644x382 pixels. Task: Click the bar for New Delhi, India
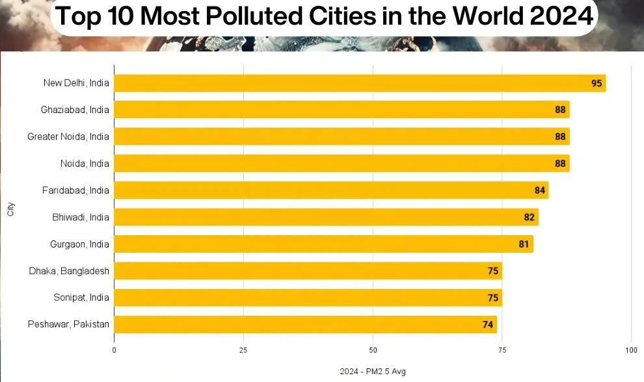(x=360, y=83)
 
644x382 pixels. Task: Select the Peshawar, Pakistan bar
(x=306, y=325)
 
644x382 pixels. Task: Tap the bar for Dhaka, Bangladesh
(x=308, y=271)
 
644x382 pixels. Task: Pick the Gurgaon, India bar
(x=324, y=244)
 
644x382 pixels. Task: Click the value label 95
(x=597, y=83)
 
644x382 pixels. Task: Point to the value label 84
(x=540, y=190)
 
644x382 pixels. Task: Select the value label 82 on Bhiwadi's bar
(x=529, y=217)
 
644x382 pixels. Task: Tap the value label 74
(x=487, y=325)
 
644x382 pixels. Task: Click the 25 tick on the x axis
(x=243, y=350)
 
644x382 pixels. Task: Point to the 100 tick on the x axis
(x=631, y=350)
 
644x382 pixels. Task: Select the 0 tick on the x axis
(x=114, y=350)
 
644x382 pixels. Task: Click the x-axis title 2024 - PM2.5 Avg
(x=373, y=372)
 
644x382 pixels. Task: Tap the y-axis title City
(x=10, y=209)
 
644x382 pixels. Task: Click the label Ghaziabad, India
(x=75, y=110)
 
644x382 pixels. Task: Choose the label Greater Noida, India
(x=68, y=136)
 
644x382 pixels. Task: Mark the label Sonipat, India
(x=81, y=298)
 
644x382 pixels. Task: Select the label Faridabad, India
(x=75, y=190)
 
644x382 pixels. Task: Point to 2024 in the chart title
(x=561, y=16)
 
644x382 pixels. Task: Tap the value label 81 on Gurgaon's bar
(x=524, y=244)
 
